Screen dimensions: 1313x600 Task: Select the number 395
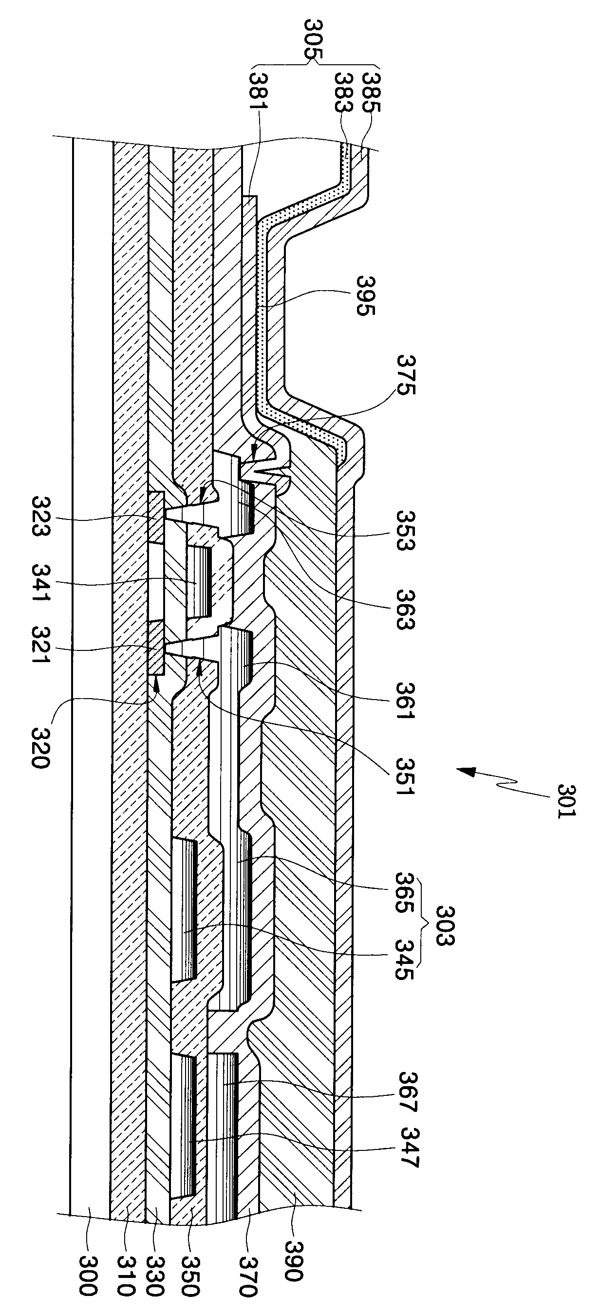(367, 296)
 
